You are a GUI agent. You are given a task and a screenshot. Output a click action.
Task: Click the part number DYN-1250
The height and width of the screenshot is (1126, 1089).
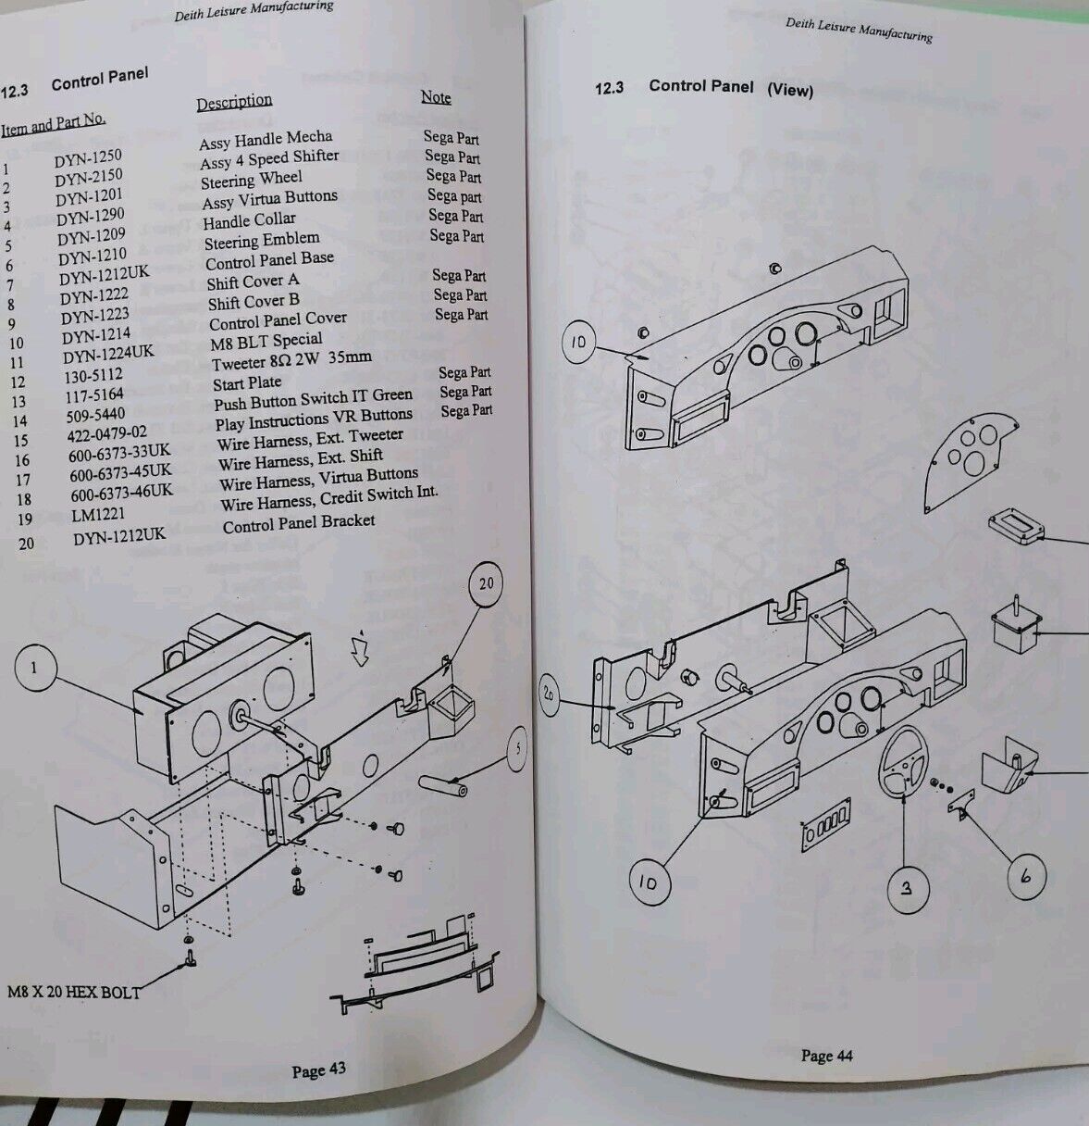coord(87,158)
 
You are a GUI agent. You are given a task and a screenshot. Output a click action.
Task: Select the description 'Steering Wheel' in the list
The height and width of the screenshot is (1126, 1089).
coord(252,179)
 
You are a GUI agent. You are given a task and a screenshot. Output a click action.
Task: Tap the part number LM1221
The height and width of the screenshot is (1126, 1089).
coord(98,515)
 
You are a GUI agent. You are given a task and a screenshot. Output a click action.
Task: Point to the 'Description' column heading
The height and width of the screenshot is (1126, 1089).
coord(234,101)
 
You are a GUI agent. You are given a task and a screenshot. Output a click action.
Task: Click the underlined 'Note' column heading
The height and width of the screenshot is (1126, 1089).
coord(436,97)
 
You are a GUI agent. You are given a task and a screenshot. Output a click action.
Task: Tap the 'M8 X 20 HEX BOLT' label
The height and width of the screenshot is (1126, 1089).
coord(74,992)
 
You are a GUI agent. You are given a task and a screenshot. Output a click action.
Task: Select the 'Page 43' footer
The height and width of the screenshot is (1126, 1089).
coord(318,1070)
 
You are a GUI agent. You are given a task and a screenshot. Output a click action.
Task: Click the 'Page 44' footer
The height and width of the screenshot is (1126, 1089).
coord(826,1056)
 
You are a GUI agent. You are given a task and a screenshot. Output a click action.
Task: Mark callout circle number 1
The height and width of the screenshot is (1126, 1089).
coord(34,669)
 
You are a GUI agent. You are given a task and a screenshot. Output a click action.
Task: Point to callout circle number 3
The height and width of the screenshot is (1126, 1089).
coord(907,888)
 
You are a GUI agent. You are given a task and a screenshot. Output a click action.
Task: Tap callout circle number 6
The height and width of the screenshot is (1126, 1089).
coord(1025,875)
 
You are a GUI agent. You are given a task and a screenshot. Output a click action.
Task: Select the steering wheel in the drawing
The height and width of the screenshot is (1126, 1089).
coord(904,763)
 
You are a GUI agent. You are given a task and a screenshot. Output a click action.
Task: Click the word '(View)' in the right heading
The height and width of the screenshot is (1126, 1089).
coord(789,90)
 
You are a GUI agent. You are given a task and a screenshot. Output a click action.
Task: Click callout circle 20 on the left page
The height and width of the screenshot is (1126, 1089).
coord(487,583)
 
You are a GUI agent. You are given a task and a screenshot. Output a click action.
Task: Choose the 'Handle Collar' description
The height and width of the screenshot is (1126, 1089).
coord(249,220)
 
